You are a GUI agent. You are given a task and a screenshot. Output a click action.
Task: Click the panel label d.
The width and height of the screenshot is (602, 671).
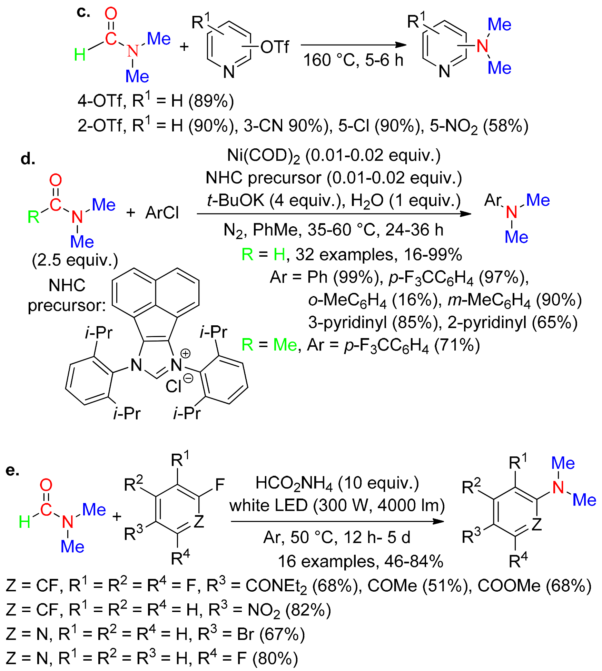(x=28, y=159)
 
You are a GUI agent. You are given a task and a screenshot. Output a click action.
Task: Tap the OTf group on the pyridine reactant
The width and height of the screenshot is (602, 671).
(x=275, y=47)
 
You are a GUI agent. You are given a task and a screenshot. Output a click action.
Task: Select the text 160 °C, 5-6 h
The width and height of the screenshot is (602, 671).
(x=353, y=60)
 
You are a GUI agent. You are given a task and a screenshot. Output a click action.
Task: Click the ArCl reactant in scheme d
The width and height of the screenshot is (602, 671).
(x=162, y=213)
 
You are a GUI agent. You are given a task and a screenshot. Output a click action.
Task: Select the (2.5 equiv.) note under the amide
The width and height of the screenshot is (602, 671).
(x=75, y=260)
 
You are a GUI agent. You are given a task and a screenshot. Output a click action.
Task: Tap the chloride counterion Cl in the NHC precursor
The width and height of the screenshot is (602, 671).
(x=173, y=386)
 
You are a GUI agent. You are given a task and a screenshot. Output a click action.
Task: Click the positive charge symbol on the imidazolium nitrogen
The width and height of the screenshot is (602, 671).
(x=186, y=353)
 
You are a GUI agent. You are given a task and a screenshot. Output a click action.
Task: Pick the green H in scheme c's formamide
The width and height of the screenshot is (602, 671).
(x=80, y=55)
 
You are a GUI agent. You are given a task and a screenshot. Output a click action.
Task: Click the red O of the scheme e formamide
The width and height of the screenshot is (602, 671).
(x=46, y=485)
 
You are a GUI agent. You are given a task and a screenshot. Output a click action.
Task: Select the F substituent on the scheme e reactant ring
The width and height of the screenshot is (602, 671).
(x=220, y=484)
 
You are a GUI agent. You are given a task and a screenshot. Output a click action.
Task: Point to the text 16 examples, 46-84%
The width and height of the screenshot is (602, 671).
(x=360, y=561)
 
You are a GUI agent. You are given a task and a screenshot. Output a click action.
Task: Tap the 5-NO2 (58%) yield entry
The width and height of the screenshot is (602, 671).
(x=479, y=126)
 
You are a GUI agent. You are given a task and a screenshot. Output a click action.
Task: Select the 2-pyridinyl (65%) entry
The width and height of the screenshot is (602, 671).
(x=512, y=323)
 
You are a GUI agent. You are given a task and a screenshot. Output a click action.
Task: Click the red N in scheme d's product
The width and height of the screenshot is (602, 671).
(x=511, y=212)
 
